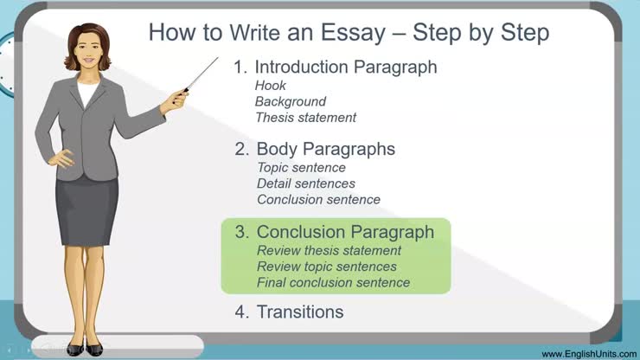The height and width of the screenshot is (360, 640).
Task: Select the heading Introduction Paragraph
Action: [x=345, y=67]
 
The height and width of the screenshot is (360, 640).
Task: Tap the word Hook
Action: [x=270, y=86]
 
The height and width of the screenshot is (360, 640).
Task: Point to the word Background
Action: [x=290, y=101]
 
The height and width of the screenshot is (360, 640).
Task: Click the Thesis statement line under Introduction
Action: [x=305, y=118]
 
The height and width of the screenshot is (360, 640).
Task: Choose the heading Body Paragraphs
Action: [x=325, y=149]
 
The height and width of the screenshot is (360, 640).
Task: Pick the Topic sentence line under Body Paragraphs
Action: [x=301, y=167]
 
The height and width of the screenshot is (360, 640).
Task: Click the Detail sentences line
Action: [x=306, y=183]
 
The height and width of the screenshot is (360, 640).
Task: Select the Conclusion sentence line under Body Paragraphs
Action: [x=318, y=200]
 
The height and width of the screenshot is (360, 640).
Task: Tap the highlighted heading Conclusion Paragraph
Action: [x=345, y=232]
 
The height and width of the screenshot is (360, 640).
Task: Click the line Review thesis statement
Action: [x=329, y=250]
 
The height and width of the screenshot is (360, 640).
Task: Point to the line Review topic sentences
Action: [x=326, y=267]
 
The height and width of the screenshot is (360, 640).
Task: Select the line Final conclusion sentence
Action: [x=333, y=283]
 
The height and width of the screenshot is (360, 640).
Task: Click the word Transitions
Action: [x=300, y=312]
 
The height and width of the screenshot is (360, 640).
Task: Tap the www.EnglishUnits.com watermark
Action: [x=586, y=353]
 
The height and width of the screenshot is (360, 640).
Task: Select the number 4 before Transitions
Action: [x=240, y=312]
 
